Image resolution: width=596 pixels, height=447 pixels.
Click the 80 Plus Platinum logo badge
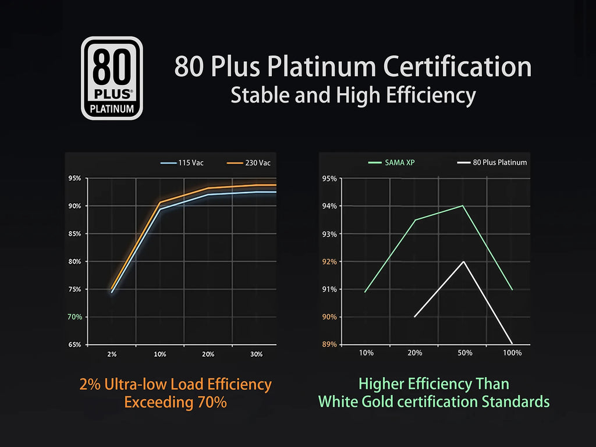(x=111, y=78)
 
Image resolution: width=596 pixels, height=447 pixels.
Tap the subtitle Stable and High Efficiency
(x=353, y=95)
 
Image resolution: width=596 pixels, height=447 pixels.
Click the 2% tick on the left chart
(x=112, y=354)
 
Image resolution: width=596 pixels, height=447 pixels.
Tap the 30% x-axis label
(x=256, y=354)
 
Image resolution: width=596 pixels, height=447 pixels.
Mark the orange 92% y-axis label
(x=329, y=262)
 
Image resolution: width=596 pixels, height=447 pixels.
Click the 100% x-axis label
(x=512, y=353)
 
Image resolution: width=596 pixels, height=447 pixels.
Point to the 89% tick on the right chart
(x=329, y=345)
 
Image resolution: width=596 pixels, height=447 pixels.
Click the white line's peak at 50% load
(x=463, y=261)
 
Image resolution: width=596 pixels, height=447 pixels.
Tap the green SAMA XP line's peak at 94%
(x=463, y=205)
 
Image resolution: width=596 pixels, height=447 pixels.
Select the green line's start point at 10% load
(x=366, y=292)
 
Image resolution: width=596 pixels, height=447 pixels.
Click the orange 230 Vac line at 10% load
(x=160, y=202)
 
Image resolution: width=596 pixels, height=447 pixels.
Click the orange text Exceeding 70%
(x=175, y=402)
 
